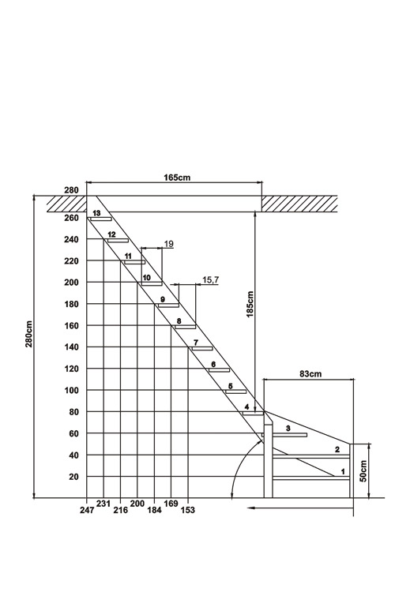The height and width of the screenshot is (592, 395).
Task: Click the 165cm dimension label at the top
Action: click(177, 177)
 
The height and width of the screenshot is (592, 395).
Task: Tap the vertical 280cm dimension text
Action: click(29, 334)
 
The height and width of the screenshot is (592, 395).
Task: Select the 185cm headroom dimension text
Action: click(250, 304)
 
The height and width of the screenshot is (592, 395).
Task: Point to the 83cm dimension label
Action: click(310, 374)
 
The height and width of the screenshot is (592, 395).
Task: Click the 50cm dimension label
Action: click(363, 470)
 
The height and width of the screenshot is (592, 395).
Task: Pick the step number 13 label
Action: click(96, 213)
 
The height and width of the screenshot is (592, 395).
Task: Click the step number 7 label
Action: click(195, 343)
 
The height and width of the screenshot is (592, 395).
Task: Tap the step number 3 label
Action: click(288, 428)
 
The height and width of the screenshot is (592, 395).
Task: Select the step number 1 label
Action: click(343, 471)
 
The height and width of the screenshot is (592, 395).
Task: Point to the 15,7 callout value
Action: click(211, 279)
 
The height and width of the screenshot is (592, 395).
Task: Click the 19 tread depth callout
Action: click(169, 244)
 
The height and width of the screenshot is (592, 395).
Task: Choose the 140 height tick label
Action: click(71, 347)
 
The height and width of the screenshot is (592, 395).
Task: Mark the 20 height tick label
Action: click(73, 477)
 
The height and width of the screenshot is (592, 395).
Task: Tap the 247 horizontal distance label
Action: click(87, 510)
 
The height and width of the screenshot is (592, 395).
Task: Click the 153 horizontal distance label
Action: click(188, 510)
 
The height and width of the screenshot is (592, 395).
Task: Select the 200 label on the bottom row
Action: click(137, 504)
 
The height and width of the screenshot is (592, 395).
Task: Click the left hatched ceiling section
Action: click(67, 204)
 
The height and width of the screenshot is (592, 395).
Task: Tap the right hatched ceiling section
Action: click(299, 204)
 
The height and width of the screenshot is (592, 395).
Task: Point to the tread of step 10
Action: click(152, 283)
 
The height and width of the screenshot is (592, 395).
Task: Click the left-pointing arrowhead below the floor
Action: click(251, 508)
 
